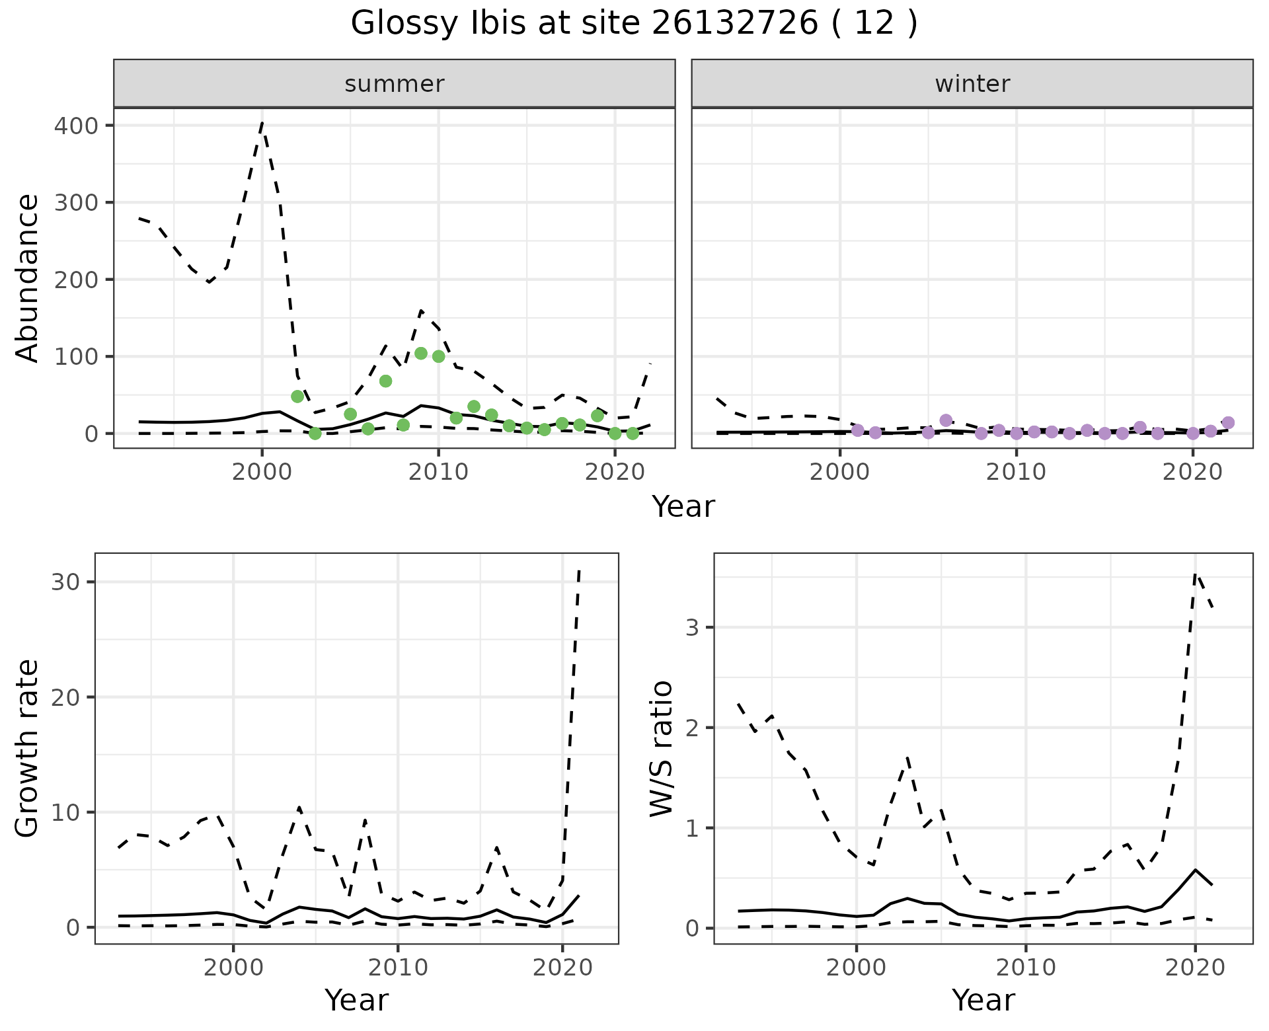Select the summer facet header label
395,84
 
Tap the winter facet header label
972,84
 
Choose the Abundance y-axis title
28,278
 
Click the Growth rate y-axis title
28,748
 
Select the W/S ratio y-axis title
661,748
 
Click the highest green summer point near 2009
421,354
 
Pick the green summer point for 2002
297,397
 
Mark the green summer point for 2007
386,381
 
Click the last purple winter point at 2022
1228,423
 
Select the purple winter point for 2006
946,420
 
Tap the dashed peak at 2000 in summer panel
262,123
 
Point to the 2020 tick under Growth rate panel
562,968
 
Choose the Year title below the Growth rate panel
356,1001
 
